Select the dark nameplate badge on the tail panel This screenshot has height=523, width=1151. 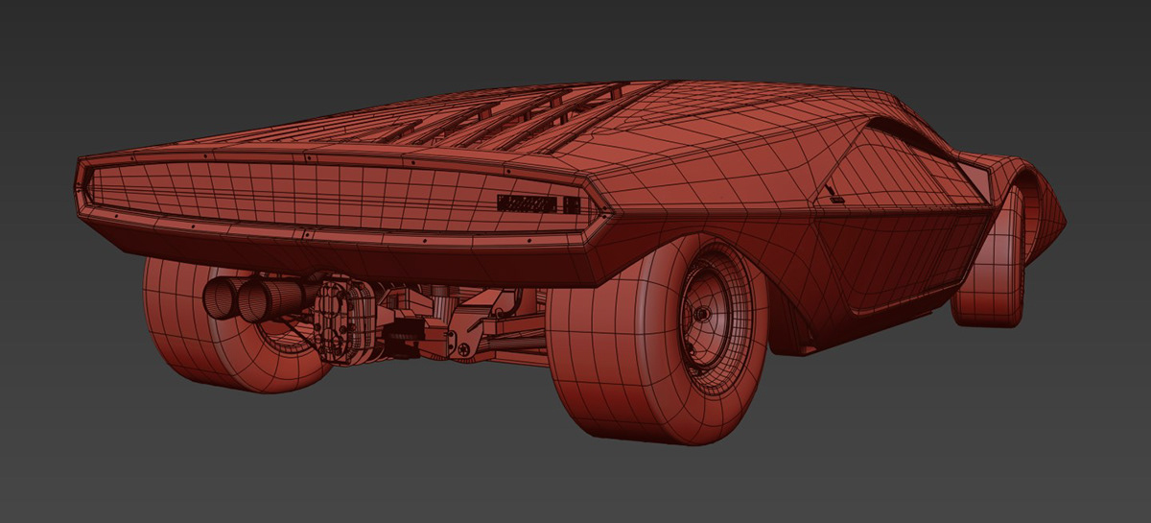pyautogui.click(x=528, y=203)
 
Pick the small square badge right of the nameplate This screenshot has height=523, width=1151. pyautogui.click(x=571, y=204)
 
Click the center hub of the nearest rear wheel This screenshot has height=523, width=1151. pyautogui.click(x=701, y=314)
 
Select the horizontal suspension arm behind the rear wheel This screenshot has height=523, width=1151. pyautogui.click(x=508, y=336)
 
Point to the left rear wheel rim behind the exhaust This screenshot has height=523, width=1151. pyautogui.click(x=278, y=336)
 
